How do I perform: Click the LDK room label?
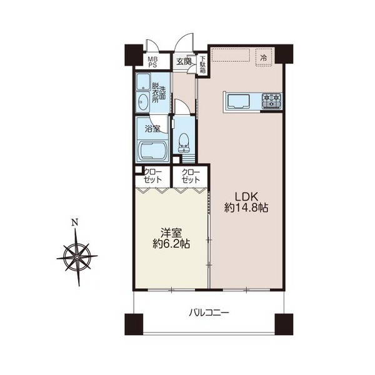coord(246,197)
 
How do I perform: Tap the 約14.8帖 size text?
coord(246,208)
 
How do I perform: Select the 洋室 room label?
coord(171,233)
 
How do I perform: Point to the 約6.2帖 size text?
coord(171,244)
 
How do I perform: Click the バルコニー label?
coord(209,312)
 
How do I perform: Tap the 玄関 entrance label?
coord(184,62)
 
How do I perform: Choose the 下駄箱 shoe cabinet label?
coord(202,64)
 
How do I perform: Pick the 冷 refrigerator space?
coord(264,57)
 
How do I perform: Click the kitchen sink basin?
coord(239,102)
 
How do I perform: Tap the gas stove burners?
coord(272,100)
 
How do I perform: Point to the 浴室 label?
coord(152,129)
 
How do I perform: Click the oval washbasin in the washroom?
coord(143,102)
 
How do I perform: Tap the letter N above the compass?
coord(75,222)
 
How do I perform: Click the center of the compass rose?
coord(77,257)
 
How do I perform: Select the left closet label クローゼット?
coord(153,176)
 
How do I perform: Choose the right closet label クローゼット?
coord(191,176)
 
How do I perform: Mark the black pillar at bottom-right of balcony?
coord(284,324)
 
